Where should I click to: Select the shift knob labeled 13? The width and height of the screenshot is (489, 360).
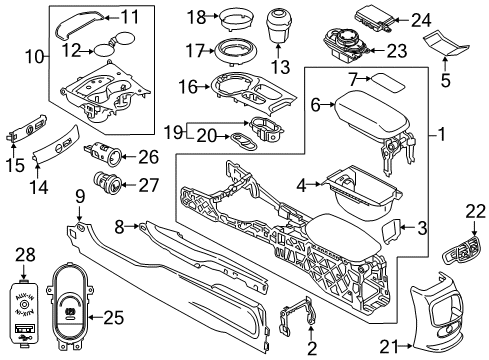point(274,26)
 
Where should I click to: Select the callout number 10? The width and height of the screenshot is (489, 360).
point(32,58)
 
